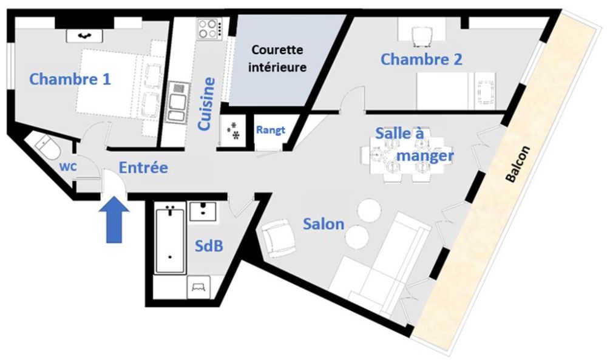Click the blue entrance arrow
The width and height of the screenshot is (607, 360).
tap(114, 220)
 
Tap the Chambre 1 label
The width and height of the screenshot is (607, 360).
tap(70, 80)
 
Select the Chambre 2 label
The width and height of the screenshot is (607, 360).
tap(421, 59)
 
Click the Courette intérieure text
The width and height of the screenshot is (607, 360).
tap(277, 58)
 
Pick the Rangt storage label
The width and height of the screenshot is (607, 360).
tap(271, 130)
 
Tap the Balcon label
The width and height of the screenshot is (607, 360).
tap(518, 164)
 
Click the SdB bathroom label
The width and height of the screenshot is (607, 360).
tap(209, 245)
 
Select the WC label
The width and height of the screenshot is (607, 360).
tap(68, 166)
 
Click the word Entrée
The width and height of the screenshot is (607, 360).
tap(143, 168)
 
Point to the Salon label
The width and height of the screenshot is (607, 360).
tap(324, 224)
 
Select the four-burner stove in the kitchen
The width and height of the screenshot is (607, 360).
tap(209, 29)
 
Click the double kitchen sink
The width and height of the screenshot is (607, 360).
tap(178, 102)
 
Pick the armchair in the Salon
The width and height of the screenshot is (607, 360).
tap(278, 237)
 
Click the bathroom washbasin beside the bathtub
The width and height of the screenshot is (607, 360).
tap(203, 211)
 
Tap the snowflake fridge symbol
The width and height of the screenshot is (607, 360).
tap(233, 130)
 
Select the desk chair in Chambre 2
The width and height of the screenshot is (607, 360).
tap(421, 36)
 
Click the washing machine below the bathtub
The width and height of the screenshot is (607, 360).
tap(198, 287)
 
